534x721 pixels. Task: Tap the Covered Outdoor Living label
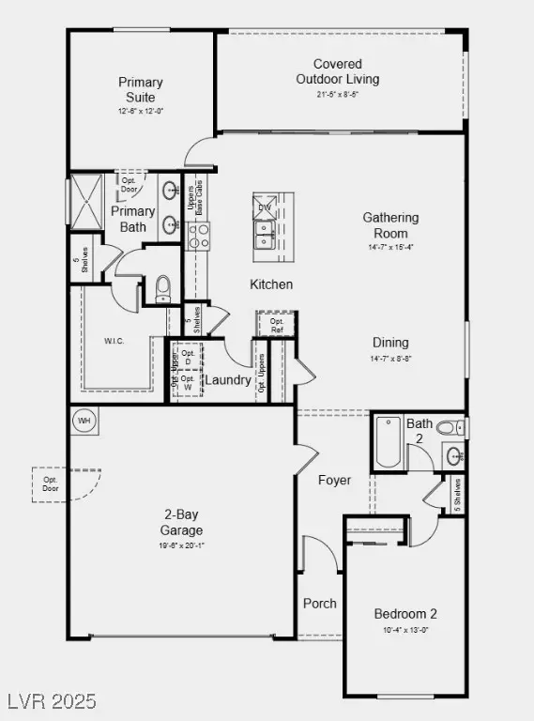[x=338, y=71]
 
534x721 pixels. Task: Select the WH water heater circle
[x=84, y=420]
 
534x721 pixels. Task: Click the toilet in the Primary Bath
[x=163, y=285]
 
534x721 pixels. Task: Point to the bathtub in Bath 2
[x=389, y=443]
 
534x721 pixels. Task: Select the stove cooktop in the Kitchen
[x=198, y=237]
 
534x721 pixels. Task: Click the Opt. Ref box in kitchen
[x=276, y=324]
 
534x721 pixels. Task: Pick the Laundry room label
[x=228, y=380]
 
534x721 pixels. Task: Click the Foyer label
[x=334, y=480]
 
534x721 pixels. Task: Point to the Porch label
[x=320, y=604]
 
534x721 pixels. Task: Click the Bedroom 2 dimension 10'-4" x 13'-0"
[x=405, y=631]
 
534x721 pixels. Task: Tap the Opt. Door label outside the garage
[x=51, y=483]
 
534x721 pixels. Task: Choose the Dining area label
[x=390, y=343]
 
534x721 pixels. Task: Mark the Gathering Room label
[x=390, y=225]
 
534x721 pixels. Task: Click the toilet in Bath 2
[x=448, y=428]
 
